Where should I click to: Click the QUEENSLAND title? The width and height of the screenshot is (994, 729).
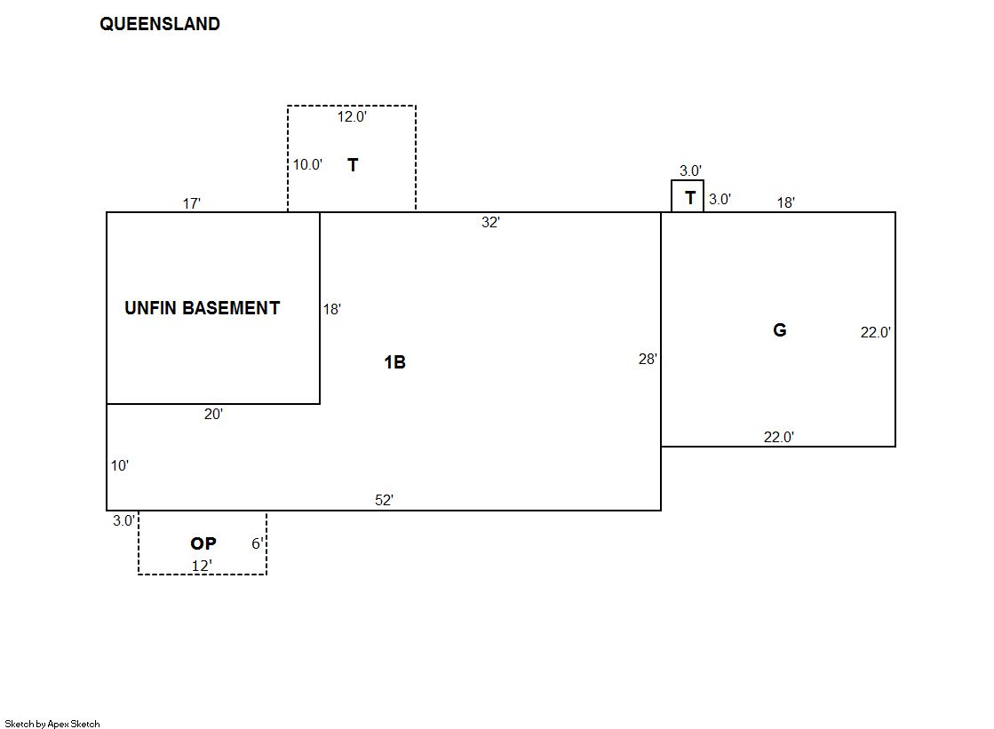[160, 24]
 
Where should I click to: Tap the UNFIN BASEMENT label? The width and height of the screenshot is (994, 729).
[202, 308]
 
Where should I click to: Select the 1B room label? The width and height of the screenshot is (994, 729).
[394, 362]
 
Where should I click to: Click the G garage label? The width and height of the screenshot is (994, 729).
[779, 330]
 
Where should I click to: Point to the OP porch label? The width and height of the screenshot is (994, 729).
[203, 543]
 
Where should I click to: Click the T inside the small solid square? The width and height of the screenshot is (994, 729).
[689, 199]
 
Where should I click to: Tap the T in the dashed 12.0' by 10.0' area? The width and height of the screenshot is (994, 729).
[353, 165]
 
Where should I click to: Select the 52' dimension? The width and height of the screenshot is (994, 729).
[384, 500]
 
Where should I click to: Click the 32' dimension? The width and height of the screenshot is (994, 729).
[490, 223]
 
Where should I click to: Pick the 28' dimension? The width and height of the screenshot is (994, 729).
[648, 360]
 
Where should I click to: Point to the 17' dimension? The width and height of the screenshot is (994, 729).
[192, 203]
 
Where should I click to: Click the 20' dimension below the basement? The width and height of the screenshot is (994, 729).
[213, 414]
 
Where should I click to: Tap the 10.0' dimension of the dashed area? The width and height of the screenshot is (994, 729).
[307, 164]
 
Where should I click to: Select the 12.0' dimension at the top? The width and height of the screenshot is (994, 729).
[352, 116]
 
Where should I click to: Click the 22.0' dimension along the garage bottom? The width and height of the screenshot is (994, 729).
[779, 436]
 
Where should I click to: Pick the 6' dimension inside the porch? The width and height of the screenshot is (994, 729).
[257, 543]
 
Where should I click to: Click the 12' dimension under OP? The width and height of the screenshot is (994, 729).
[202, 565]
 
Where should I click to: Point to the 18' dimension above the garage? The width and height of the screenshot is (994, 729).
[785, 202]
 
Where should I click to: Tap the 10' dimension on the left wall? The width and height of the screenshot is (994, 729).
[120, 465]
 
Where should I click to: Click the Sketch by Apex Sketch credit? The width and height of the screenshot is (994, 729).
[52, 724]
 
